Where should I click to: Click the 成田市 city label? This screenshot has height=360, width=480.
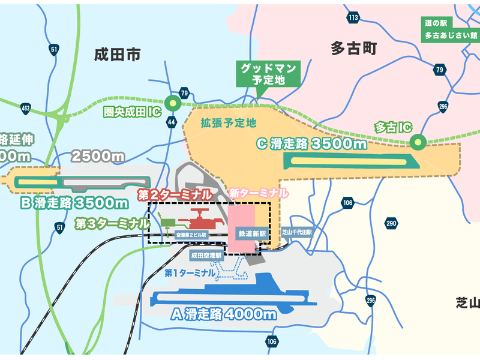pyautogui.click(x=118, y=55)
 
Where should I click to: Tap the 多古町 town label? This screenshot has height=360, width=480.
pyautogui.click(x=353, y=49)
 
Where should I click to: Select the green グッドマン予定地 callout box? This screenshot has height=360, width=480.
pyautogui.click(x=266, y=74)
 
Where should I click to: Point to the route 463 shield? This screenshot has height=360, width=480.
pyautogui.click(x=25, y=109)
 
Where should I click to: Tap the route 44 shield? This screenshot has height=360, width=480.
pyautogui.click(x=172, y=122)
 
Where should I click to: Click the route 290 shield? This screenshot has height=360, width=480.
pyautogui.click(x=391, y=224)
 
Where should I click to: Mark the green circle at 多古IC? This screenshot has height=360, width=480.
pyautogui.click(x=417, y=143)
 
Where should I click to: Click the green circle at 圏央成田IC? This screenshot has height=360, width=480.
pyautogui.click(x=173, y=103)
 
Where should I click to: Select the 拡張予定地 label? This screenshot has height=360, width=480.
pyautogui.click(x=228, y=123)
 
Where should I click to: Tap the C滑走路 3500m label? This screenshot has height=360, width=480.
pyautogui.click(x=311, y=144)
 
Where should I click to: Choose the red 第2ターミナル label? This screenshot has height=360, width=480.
pyautogui.click(x=174, y=194)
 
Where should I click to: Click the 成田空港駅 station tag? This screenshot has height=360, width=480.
pyautogui.click(x=206, y=254)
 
